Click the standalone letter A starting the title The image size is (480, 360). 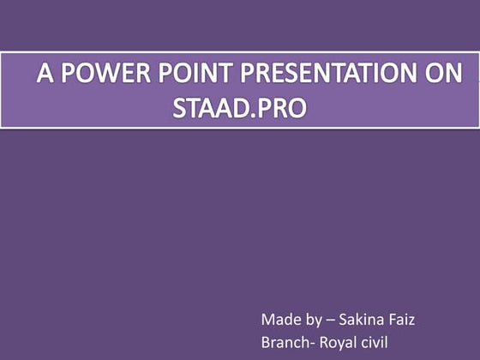43,75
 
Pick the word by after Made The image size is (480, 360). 312,321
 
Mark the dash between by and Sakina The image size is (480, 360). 331,321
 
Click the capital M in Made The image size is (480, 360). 267,321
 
